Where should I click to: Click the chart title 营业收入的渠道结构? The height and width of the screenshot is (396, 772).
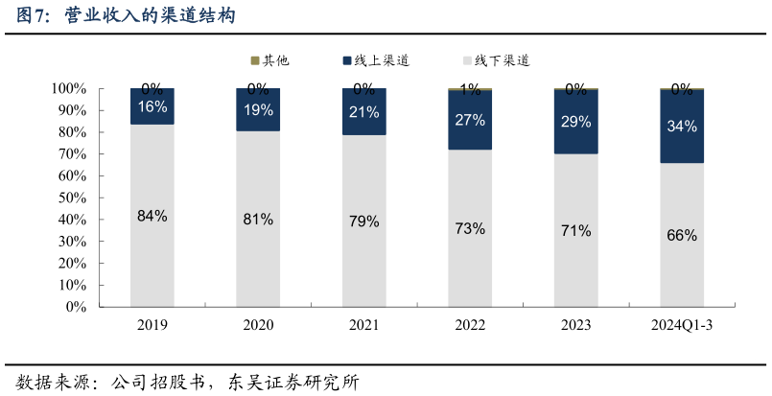(149, 16)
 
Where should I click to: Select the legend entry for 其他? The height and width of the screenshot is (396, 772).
(270, 60)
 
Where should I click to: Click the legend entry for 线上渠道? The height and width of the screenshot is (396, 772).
(376, 60)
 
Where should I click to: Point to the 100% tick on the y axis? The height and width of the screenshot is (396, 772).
(68, 89)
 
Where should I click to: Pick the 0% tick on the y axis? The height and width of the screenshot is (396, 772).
(75, 308)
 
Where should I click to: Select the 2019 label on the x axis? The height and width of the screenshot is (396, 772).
(152, 326)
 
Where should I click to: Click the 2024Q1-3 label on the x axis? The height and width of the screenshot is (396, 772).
(682, 326)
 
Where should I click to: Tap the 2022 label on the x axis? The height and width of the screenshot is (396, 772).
(470, 326)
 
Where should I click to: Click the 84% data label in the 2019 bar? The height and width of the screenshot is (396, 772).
(152, 216)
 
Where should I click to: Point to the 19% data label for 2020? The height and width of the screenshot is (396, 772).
(258, 109)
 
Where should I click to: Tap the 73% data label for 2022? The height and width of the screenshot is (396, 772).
(470, 228)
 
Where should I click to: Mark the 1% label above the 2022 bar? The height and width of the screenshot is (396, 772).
(470, 90)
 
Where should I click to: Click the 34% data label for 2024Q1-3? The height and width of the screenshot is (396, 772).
(682, 126)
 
